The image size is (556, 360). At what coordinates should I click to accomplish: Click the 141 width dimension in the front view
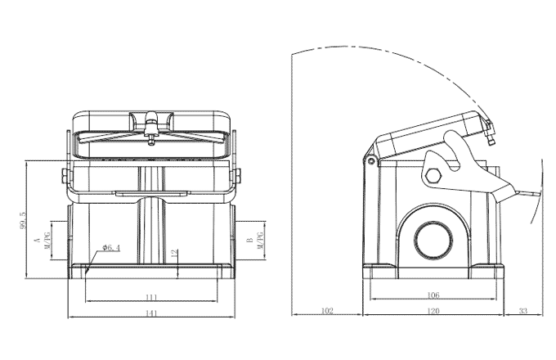point(151,312)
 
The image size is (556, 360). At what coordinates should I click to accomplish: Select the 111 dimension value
point(151,295)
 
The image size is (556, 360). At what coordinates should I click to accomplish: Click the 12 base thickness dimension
point(174,253)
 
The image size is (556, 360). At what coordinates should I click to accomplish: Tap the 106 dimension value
point(433,295)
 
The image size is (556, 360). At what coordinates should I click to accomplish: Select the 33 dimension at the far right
point(523,311)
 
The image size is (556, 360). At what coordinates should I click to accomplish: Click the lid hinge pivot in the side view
point(371,161)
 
